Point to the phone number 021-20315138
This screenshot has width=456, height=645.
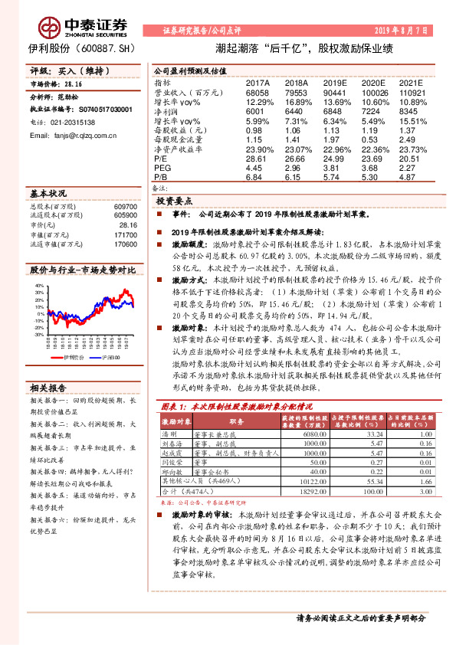73,122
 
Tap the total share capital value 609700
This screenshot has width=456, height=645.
125,207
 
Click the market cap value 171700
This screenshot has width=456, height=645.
125,235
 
